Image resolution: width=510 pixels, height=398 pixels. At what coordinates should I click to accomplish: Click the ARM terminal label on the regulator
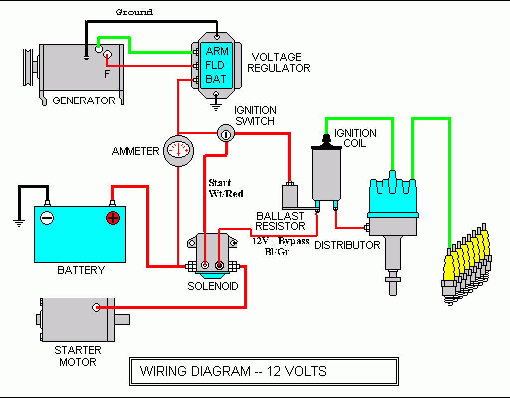tap(217, 51)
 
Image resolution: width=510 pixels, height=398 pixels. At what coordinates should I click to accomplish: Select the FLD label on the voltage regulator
tap(216, 65)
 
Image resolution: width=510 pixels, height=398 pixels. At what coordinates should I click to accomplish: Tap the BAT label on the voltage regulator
tap(216, 79)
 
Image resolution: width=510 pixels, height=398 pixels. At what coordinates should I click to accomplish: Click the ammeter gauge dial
tap(178, 150)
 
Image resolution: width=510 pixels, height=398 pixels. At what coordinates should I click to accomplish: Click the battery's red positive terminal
tap(113, 217)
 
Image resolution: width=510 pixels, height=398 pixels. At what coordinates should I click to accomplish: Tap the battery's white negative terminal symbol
tap(47, 217)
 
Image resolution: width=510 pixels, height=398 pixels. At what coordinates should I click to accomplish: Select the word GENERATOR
tap(84, 100)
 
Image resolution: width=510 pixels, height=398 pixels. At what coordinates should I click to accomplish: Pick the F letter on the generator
tap(106, 74)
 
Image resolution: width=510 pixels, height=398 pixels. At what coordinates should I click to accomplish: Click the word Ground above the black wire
tap(134, 12)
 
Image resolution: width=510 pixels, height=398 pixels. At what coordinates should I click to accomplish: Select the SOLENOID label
tap(213, 286)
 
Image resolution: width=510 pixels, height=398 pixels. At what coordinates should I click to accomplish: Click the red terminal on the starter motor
tap(96, 308)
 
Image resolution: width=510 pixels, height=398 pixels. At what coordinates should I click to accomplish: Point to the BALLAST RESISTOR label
tap(280, 221)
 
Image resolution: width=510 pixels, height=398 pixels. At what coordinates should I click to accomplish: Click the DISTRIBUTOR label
tap(347, 245)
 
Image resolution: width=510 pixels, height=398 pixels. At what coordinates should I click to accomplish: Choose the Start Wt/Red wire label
tap(226, 188)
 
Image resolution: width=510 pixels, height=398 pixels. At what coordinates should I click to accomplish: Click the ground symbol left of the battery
tap(19, 222)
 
